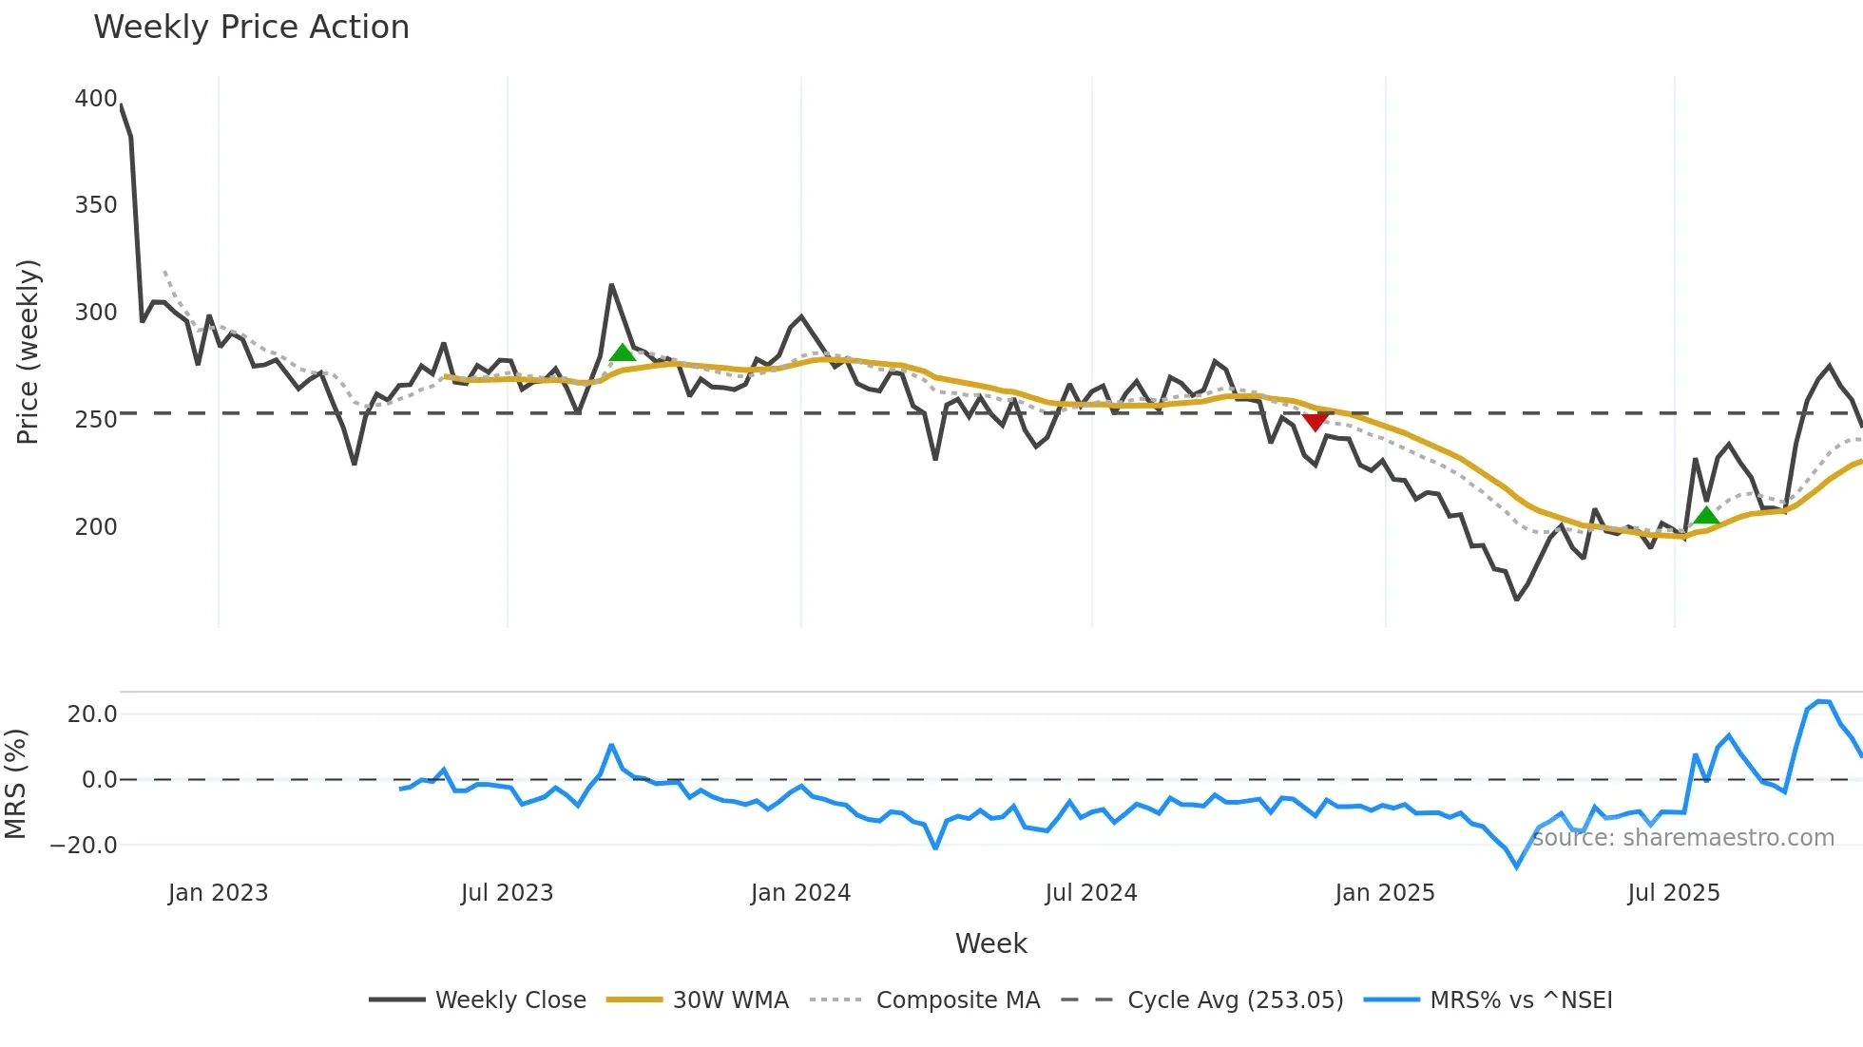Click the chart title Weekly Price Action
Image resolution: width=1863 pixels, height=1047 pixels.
251,28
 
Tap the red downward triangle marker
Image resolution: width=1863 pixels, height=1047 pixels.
1316,422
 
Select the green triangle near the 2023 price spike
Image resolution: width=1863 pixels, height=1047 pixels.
623,353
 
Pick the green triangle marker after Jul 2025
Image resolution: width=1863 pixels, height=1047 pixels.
1706,516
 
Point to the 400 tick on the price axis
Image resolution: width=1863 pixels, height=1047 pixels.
96,99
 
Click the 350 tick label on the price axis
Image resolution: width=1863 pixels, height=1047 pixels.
96,205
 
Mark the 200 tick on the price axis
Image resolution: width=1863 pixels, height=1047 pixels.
96,526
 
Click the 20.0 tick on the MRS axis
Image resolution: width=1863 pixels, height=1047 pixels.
92,714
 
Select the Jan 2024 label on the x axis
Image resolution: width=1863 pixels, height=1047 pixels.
800,893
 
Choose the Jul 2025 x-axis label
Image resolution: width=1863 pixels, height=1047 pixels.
1674,893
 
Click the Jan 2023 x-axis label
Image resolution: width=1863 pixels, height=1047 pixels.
218,893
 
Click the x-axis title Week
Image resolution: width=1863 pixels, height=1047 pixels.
990,943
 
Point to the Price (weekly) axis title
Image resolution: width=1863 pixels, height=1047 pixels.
29,352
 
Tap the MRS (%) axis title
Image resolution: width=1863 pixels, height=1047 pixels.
16,784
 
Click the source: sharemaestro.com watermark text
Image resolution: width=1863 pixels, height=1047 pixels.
1682,838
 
